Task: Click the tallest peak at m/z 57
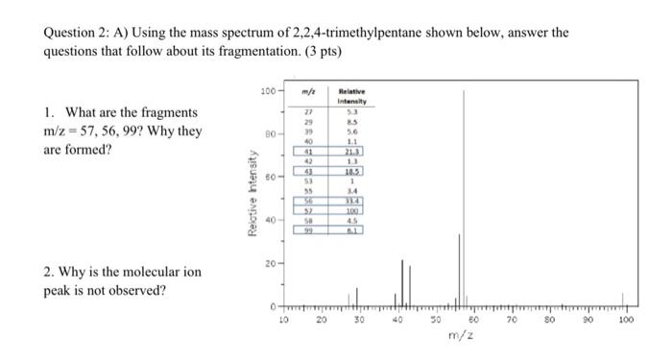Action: click(465, 192)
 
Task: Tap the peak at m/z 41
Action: click(400, 278)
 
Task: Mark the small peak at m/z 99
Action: click(622, 300)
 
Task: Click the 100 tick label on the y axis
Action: click(267, 90)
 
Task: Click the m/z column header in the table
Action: click(307, 92)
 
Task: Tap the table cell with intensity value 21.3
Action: click(354, 152)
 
